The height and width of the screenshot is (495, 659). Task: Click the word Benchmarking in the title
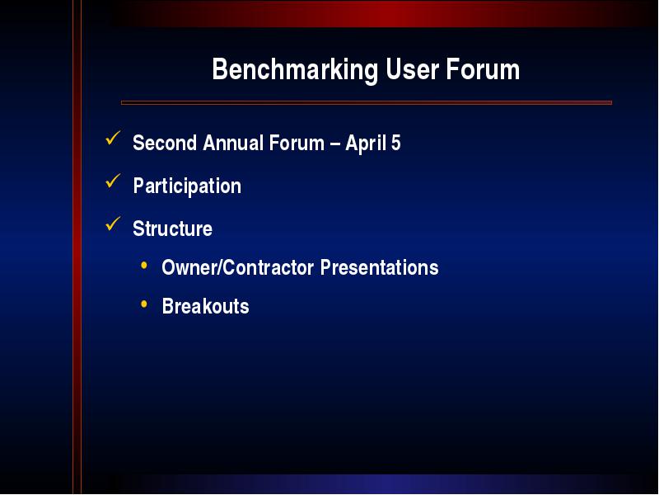click(295, 70)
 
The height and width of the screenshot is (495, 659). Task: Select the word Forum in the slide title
click(483, 69)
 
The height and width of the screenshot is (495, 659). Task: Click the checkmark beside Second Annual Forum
click(113, 138)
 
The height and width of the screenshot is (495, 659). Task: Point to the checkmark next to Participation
click(113, 181)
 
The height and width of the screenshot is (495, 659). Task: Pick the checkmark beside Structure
click(113, 224)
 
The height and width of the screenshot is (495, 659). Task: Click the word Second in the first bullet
click(165, 143)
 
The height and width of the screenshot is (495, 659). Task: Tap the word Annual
click(233, 143)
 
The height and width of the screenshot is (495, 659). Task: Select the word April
click(366, 144)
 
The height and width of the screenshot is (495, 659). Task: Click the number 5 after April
click(396, 143)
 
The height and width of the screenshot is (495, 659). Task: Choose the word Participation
click(187, 186)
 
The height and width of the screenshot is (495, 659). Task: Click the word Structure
click(172, 229)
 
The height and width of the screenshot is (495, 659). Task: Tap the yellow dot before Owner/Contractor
click(144, 265)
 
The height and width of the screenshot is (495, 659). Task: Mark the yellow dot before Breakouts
click(144, 304)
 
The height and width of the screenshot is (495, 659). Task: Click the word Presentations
click(380, 267)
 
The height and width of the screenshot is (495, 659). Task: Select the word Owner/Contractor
click(238, 267)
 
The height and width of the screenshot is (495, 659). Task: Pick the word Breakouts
click(205, 306)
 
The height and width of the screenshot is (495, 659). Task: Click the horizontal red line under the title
click(367, 102)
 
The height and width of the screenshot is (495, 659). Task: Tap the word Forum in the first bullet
click(297, 143)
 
